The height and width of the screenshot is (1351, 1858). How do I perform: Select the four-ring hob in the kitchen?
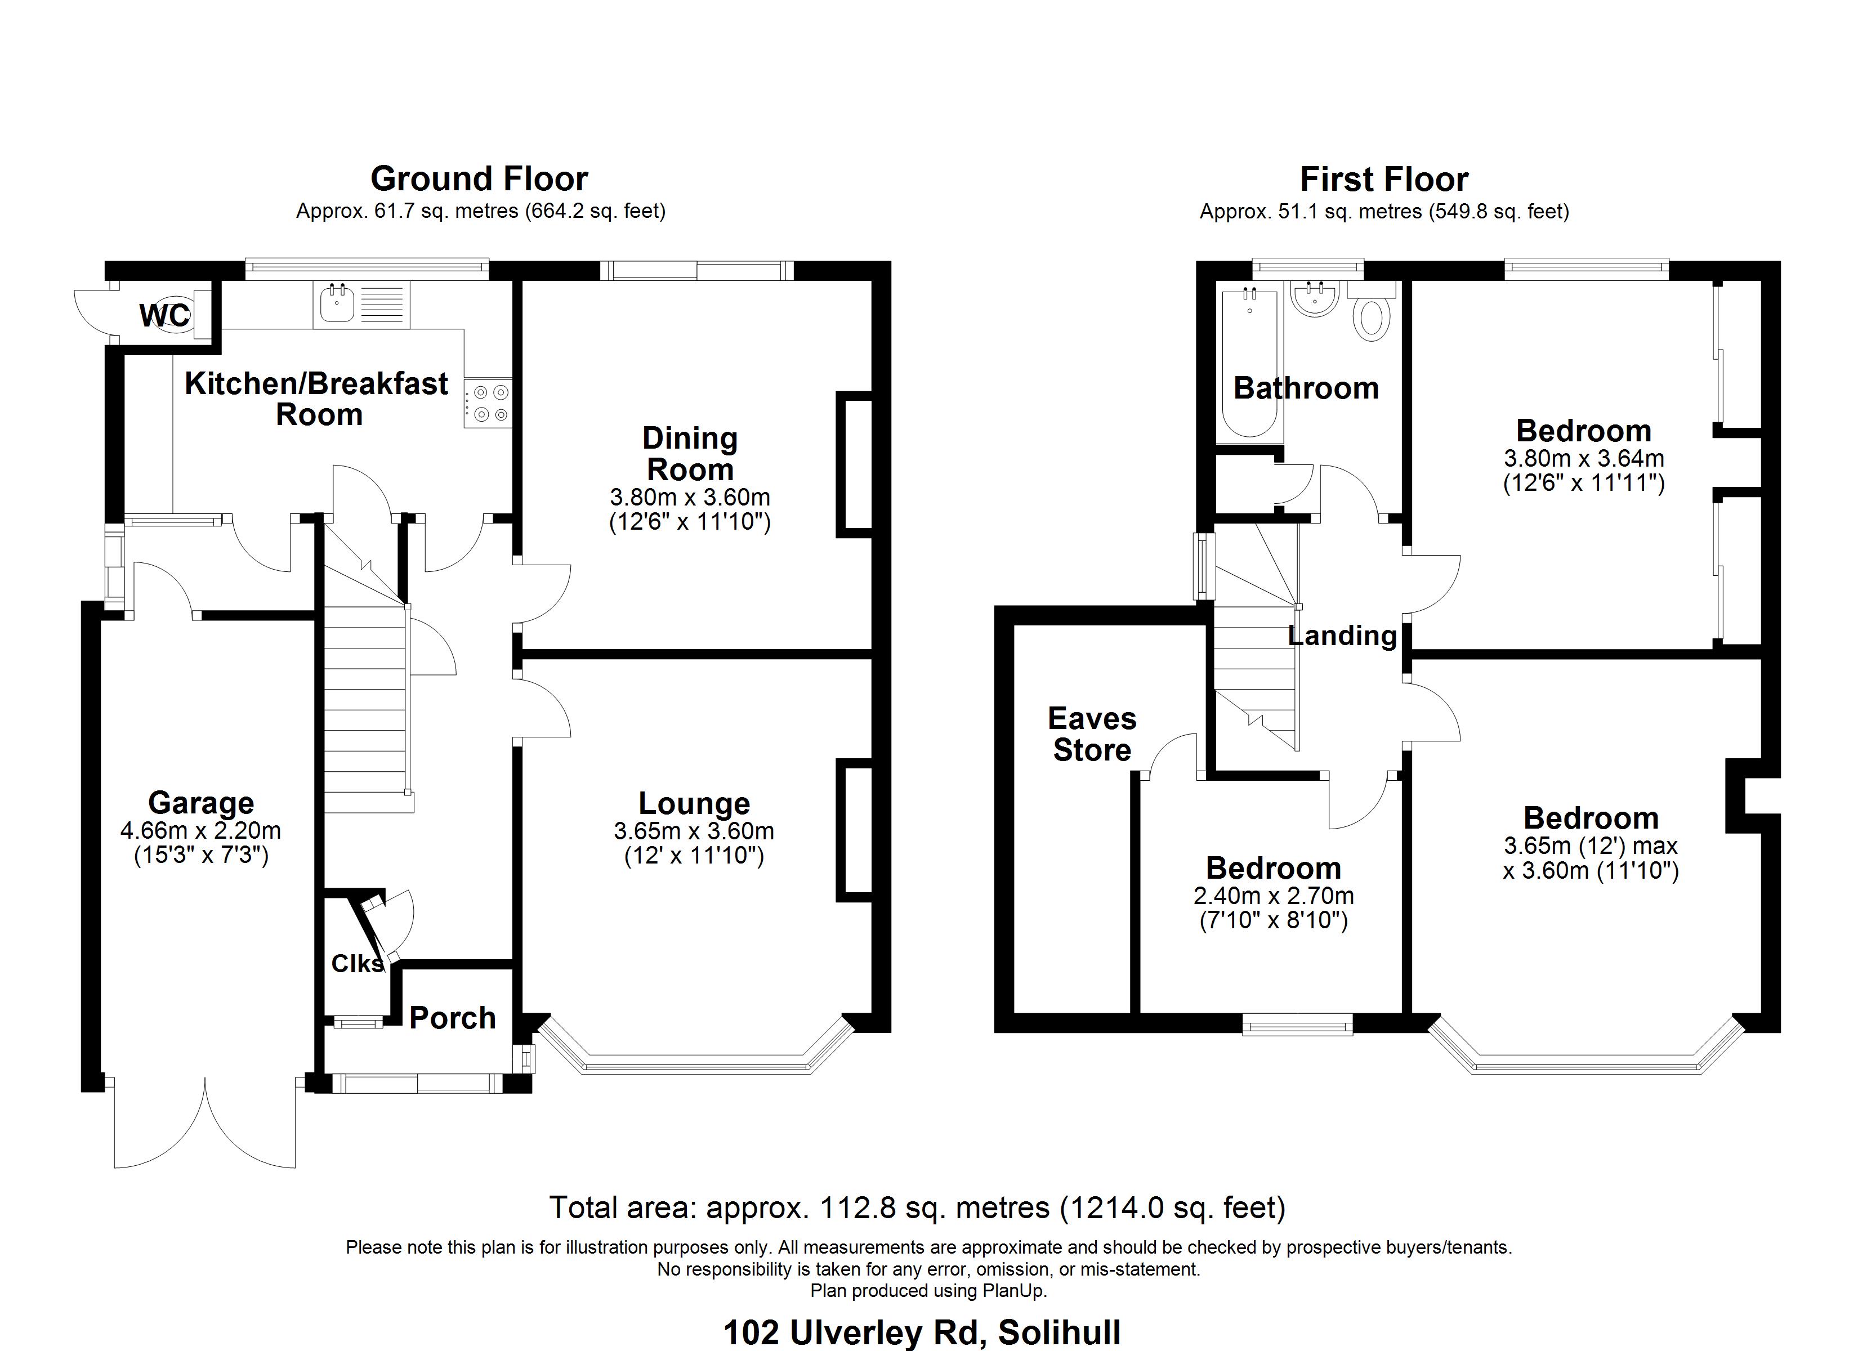[488, 404]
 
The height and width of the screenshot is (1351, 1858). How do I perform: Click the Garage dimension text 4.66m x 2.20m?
[200, 831]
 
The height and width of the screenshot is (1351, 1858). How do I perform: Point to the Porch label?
[452, 1018]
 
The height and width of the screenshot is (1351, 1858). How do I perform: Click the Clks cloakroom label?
[357, 964]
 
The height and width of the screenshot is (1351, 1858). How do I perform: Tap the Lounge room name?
[694, 804]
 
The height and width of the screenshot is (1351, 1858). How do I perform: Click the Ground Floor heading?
[479, 178]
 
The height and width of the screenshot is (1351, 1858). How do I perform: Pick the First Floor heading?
[1384, 180]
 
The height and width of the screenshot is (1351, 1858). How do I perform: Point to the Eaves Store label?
[1092, 734]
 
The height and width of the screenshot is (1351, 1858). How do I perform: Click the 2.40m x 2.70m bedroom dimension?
[1274, 896]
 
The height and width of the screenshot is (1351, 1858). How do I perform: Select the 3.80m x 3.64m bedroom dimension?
[1584, 458]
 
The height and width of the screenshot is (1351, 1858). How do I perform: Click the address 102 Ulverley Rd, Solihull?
[922, 1333]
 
